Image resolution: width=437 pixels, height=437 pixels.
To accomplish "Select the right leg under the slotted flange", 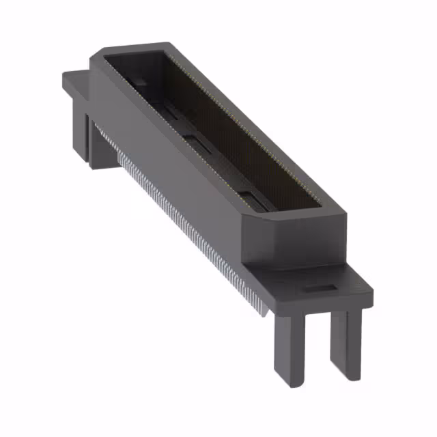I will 346,345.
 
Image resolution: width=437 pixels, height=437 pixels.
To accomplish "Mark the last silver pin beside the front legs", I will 263,311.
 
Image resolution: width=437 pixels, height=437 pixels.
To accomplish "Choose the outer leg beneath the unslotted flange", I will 81,133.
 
